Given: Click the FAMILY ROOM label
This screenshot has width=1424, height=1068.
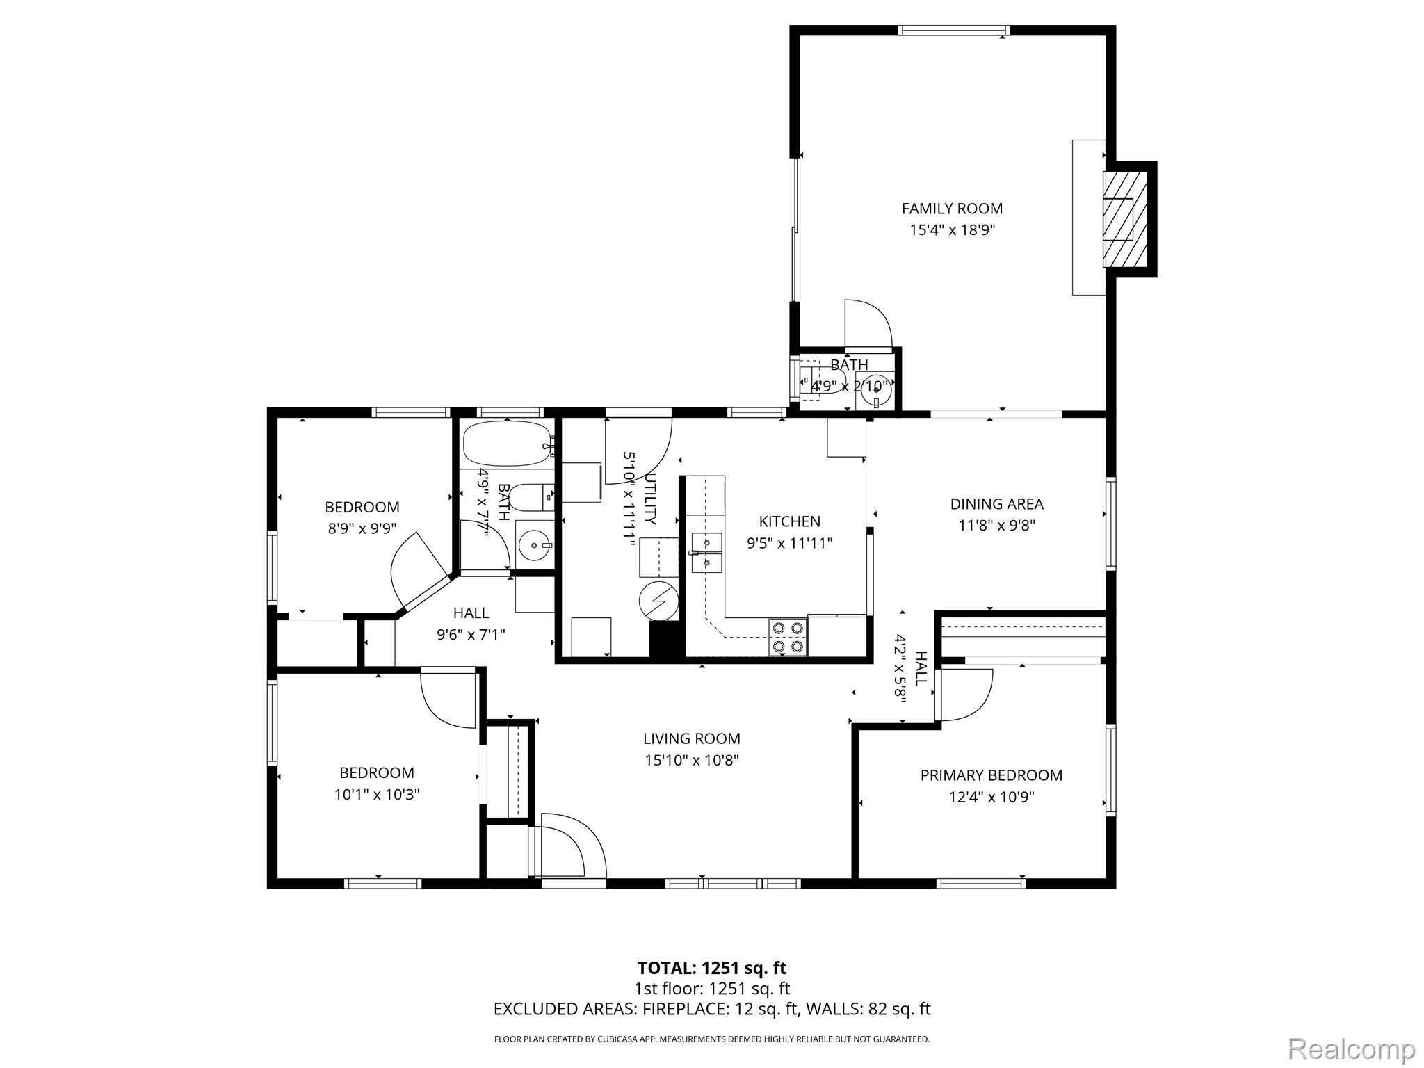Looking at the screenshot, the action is [x=952, y=209].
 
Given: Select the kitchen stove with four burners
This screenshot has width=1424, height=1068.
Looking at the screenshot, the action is [x=788, y=637].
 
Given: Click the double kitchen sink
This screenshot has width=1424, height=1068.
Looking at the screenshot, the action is [x=708, y=553].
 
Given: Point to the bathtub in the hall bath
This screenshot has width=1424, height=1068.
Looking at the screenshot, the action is [x=508, y=444].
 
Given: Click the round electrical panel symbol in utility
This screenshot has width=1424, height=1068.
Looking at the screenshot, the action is [x=658, y=599].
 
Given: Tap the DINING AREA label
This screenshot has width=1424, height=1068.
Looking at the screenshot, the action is [x=997, y=504].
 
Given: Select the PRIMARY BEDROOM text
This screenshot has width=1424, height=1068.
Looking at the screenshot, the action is [x=992, y=775].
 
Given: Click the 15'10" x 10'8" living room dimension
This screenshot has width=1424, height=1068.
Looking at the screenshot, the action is [x=692, y=760].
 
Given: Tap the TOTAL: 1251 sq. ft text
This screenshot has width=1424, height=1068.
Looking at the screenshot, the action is [x=712, y=968].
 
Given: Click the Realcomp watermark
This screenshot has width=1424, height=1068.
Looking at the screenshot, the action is [x=1351, y=1048].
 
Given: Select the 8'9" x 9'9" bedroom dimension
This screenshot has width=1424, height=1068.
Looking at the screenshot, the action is [x=362, y=528].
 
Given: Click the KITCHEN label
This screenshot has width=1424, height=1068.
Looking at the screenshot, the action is [x=790, y=521].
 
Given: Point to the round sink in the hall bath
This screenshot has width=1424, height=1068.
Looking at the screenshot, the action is [x=535, y=546].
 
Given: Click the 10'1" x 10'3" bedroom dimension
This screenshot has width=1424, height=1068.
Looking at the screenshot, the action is [x=377, y=794].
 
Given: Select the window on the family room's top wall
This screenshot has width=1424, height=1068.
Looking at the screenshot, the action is [x=953, y=30].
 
